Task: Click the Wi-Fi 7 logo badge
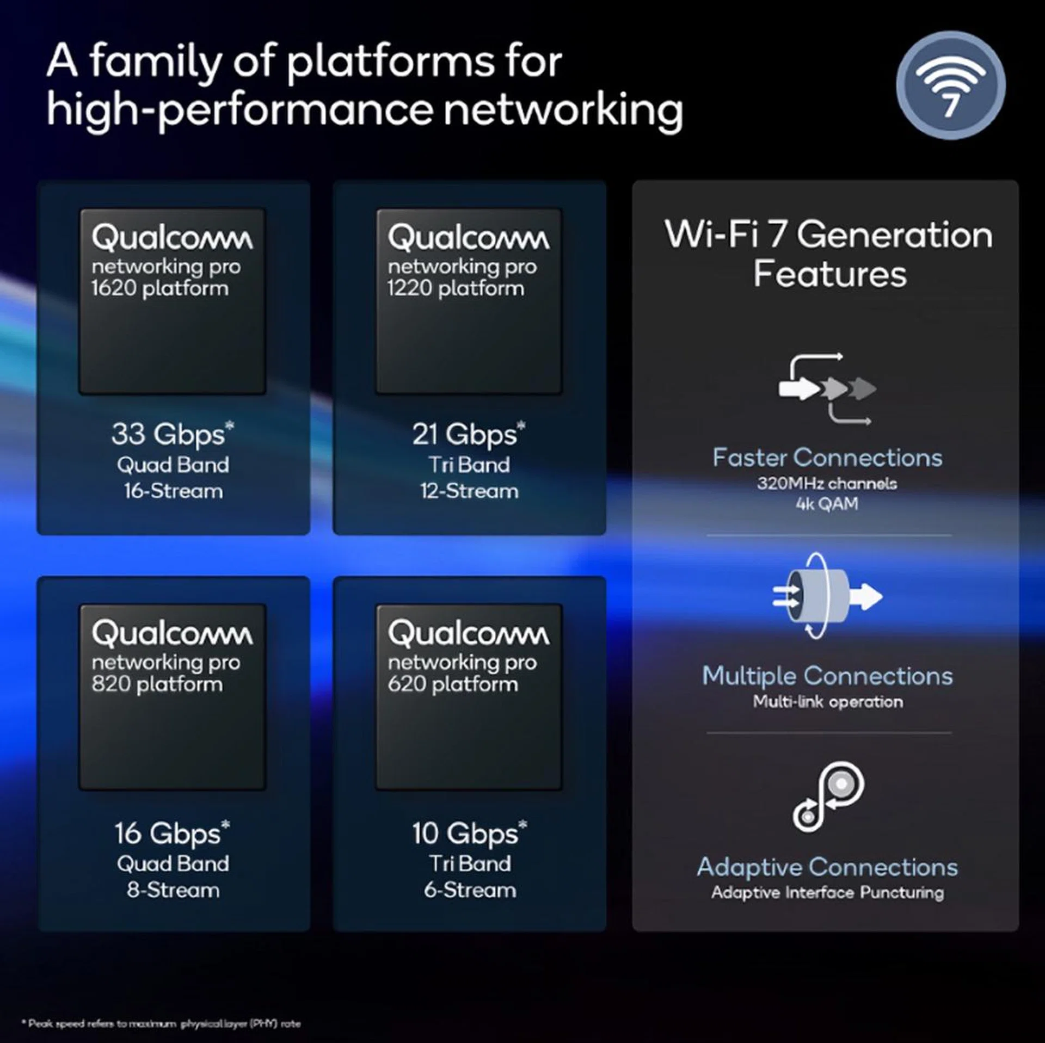[950, 85]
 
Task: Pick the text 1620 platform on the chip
[159, 288]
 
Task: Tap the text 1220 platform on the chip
[456, 288]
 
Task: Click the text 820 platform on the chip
[157, 684]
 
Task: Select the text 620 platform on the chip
[453, 684]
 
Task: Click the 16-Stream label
[173, 491]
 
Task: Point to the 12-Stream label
[469, 491]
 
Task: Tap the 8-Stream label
[173, 891]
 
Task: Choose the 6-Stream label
[470, 891]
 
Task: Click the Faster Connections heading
[827, 458]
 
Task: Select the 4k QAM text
[827, 504]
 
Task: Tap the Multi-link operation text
[828, 702]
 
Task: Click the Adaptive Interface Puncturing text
[827, 893]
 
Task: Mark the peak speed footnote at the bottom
[162, 1023]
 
